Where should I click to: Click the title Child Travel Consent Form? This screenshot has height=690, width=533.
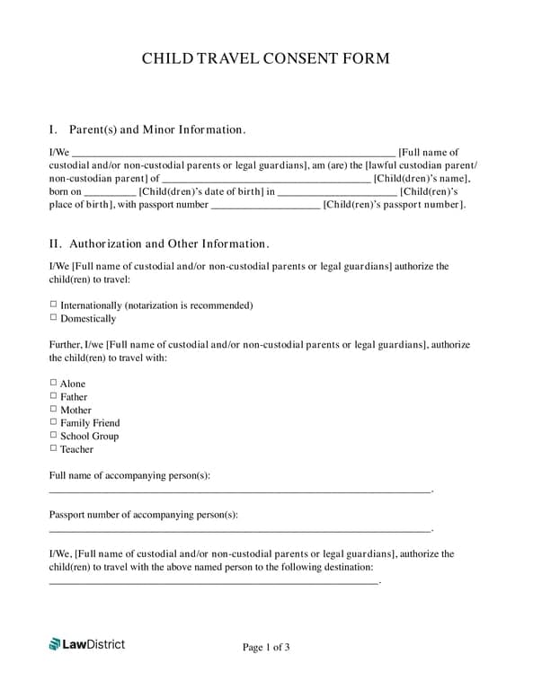coord(266,58)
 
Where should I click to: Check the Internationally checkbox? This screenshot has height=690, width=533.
coord(53,305)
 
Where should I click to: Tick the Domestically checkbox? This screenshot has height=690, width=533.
coord(53,318)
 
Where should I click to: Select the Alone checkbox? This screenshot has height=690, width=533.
coord(53,383)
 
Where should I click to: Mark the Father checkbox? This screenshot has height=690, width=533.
coord(53,396)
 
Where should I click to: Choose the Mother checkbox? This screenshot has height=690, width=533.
coord(53,409)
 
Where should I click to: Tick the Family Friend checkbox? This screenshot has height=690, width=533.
coord(53,422)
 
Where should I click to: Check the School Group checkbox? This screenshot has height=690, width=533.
coord(53,435)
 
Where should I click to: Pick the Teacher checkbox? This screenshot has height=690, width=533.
coord(53,448)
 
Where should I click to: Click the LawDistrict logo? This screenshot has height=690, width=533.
coord(87,643)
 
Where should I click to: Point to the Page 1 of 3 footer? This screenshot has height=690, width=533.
coord(266,647)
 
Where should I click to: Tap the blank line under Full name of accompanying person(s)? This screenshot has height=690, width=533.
coord(240,491)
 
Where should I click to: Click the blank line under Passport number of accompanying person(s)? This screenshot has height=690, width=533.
coord(240,531)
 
